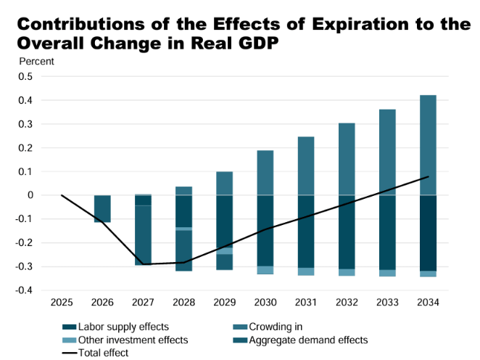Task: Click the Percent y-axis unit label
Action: (x=36, y=61)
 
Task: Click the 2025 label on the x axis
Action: (x=61, y=301)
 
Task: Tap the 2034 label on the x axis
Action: (x=427, y=301)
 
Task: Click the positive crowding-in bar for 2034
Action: (x=427, y=145)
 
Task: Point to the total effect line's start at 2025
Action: (x=62, y=195)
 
